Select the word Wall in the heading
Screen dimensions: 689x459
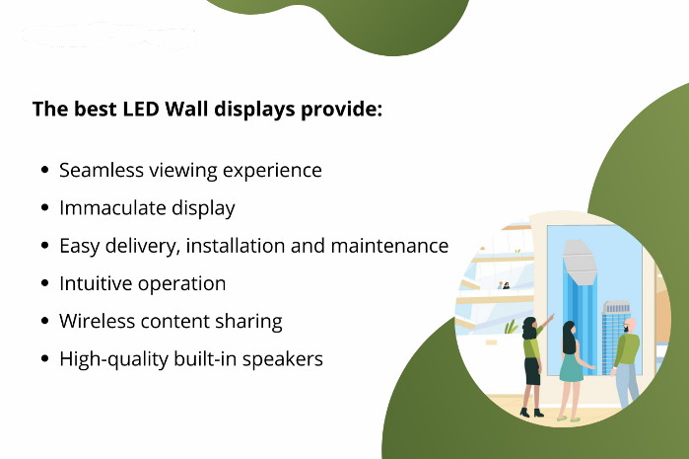tap(186, 109)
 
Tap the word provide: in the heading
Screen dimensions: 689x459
tap(341, 110)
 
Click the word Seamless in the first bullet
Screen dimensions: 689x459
tap(102, 171)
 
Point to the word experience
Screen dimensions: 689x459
tap(272, 172)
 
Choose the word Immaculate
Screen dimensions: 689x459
tap(112, 208)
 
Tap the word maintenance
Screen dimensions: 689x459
tap(389, 246)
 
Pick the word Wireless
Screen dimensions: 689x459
tap(98, 321)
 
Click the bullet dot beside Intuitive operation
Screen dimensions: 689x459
tap(44, 283)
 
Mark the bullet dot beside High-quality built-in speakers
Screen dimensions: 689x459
tap(44, 358)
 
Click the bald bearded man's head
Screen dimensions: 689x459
tap(630, 326)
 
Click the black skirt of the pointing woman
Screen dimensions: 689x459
tap(532, 371)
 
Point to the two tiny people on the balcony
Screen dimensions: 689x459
tap(503, 285)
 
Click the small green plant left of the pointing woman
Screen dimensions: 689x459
tap(511, 327)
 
